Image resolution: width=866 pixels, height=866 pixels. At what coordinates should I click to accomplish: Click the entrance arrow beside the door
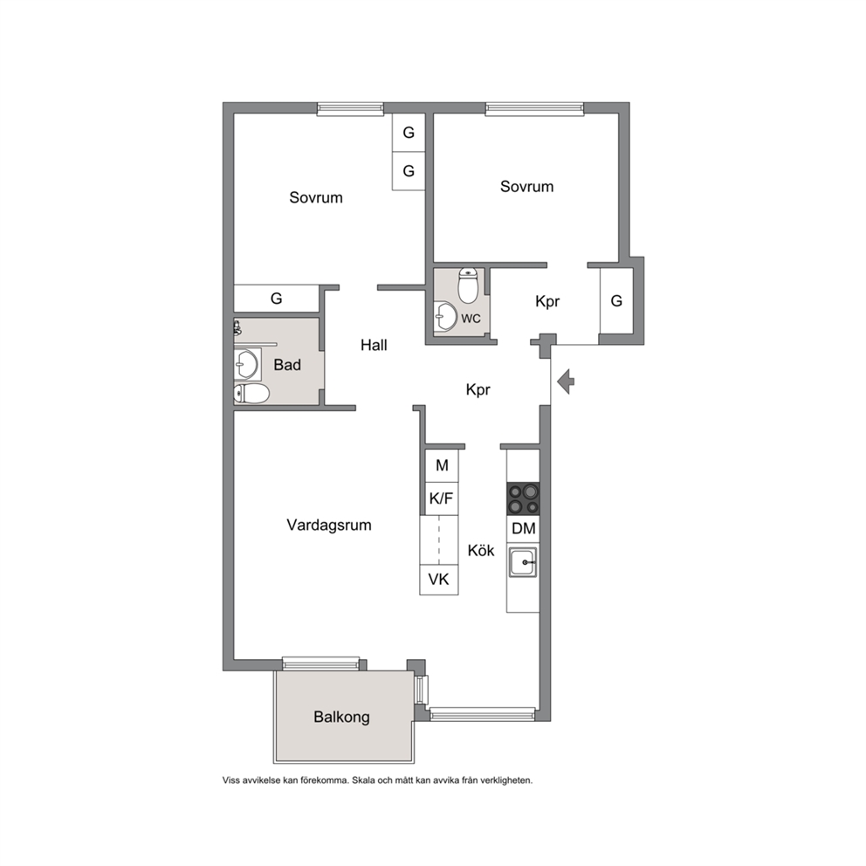click(566, 381)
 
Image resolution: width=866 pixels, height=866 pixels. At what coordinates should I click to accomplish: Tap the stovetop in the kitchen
click(523, 498)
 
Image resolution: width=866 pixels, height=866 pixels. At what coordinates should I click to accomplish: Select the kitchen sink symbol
click(522, 563)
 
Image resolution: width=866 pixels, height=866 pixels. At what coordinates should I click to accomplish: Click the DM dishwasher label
click(524, 528)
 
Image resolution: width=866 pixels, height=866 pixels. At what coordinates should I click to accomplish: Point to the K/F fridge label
click(441, 498)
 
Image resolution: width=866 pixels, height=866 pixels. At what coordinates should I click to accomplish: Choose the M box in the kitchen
click(442, 465)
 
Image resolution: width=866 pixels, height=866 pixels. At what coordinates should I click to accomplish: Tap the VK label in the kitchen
click(439, 580)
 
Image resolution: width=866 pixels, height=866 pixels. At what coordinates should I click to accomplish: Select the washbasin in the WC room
click(445, 317)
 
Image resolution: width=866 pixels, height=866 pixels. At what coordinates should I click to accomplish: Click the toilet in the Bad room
click(251, 394)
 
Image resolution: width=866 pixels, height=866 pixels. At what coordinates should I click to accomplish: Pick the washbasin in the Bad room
click(247, 364)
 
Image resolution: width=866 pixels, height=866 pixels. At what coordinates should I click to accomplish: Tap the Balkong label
click(342, 717)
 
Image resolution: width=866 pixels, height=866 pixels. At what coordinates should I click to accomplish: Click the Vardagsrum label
click(329, 525)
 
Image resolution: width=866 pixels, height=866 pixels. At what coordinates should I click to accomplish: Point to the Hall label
click(374, 345)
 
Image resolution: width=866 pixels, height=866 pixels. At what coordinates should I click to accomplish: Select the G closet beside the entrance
click(616, 301)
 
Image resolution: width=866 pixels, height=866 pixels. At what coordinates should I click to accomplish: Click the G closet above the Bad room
click(276, 299)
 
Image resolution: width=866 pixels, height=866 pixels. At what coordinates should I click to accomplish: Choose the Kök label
click(481, 550)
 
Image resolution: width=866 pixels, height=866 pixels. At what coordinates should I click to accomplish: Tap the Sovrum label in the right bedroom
click(527, 187)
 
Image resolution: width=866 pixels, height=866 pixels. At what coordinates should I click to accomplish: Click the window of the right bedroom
click(534, 109)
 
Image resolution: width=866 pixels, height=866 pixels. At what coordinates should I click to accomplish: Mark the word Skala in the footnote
click(363, 780)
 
